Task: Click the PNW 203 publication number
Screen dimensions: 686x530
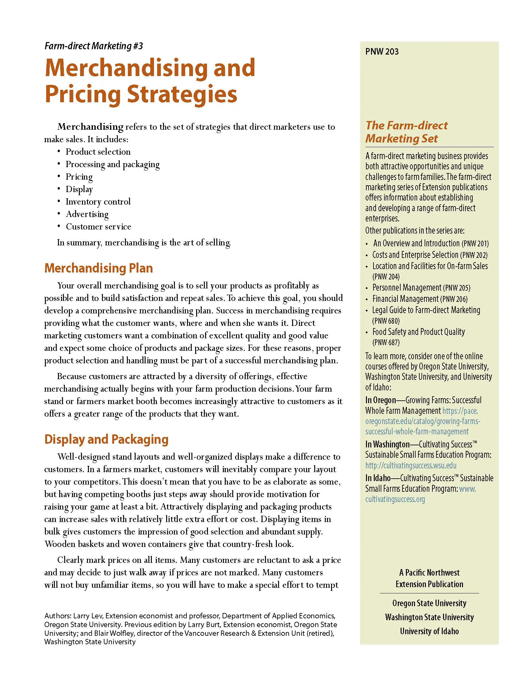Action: [x=382, y=51]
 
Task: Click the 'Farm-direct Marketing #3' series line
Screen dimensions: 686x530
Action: [x=94, y=46]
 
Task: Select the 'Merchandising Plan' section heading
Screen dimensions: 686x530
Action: [x=99, y=268]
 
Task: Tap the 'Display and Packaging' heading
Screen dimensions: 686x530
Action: [x=106, y=439]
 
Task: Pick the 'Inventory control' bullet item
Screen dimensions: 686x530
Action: [x=98, y=202]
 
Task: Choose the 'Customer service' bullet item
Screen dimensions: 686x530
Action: [x=98, y=227]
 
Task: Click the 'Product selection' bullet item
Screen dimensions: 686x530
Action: [x=98, y=152]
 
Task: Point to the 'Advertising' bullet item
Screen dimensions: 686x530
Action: [x=87, y=214]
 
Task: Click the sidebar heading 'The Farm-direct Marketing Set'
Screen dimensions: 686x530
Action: [x=406, y=132]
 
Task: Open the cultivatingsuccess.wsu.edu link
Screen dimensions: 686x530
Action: [x=411, y=465]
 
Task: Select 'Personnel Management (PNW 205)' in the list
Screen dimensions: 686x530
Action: [x=421, y=288]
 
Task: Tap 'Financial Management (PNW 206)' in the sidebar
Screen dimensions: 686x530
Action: [x=420, y=299]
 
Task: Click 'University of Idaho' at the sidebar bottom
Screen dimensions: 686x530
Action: [x=429, y=631]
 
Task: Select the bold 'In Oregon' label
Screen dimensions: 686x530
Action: [x=381, y=400]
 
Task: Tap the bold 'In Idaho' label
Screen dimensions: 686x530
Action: [x=378, y=478]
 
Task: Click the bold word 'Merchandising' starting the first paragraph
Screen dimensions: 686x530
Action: [x=90, y=127]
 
